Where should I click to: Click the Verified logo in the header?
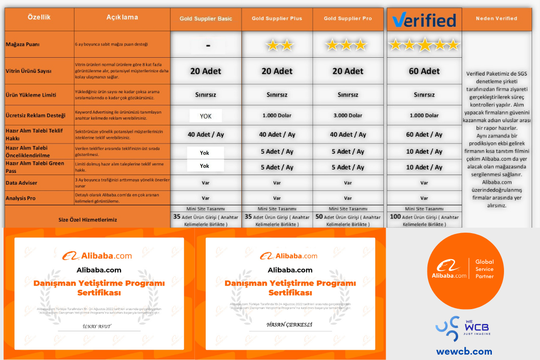[x=424, y=20]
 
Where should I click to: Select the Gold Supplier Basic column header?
[x=206, y=19]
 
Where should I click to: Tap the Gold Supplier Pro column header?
[x=348, y=19]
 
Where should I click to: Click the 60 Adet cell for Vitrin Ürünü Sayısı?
[x=424, y=71]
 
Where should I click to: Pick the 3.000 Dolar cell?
[x=348, y=116]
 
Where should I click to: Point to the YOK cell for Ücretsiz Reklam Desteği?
[x=206, y=116]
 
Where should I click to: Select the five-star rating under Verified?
[x=424, y=45]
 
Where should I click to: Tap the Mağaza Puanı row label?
[x=23, y=45]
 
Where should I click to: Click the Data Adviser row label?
[x=22, y=183]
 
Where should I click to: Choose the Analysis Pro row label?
[x=21, y=198]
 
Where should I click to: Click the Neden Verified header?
[x=496, y=18]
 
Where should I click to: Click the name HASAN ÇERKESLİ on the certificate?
[x=289, y=324]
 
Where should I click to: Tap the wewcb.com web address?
[x=464, y=351]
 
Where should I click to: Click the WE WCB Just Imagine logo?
[x=463, y=327]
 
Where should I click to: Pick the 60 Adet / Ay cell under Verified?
[x=424, y=135]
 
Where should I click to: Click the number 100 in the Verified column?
[x=395, y=217]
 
